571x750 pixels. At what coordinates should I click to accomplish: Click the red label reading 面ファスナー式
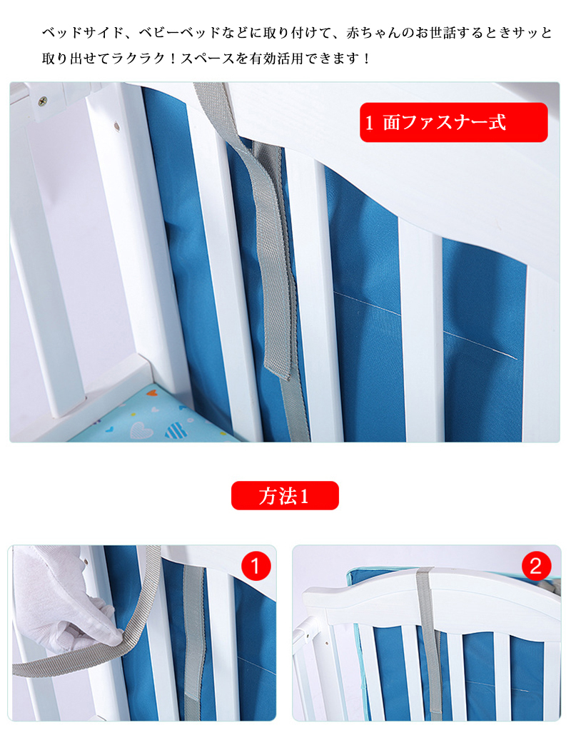pyautogui.click(x=453, y=123)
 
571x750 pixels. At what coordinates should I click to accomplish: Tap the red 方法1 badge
pyautogui.click(x=285, y=495)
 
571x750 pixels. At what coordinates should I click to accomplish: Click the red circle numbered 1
pyautogui.click(x=256, y=566)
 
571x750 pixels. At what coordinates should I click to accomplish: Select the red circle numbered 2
pyautogui.click(x=536, y=566)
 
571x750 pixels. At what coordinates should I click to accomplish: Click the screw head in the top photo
pyautogui.click(x=43, y=101)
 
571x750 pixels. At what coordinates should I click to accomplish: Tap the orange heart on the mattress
pyautogui.click(x=151, y=394)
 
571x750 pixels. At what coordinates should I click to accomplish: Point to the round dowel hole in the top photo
pyautogui.click(x=116, y=126)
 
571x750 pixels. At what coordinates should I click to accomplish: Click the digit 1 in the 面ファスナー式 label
pyautogui.click(x=369, y=123)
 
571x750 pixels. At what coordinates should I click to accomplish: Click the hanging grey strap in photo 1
pyautogui.click(x=193, y=641)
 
